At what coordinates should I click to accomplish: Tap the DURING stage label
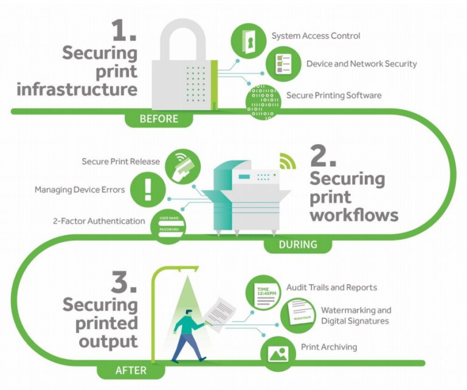tap(298, 245)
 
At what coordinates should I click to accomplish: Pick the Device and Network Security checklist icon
tap(283, 64)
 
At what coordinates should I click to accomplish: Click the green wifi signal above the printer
tap(286, 161)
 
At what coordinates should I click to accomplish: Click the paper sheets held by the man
tap(220, 311)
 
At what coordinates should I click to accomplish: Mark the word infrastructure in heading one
tap(77, 90)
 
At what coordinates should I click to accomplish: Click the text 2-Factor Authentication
tap(99, 221)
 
